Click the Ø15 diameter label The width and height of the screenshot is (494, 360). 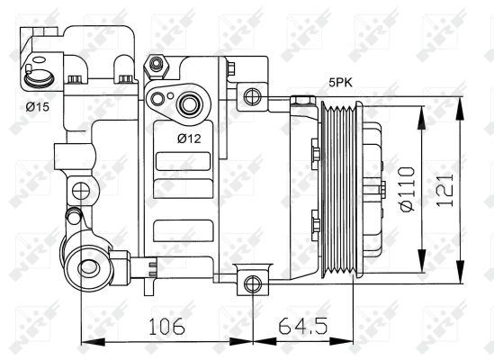click(37, 106)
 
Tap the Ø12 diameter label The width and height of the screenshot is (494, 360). click(188, 138)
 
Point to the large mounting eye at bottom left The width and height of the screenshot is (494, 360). click(88, 266)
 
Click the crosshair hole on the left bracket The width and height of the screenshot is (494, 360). click(82, 192)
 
